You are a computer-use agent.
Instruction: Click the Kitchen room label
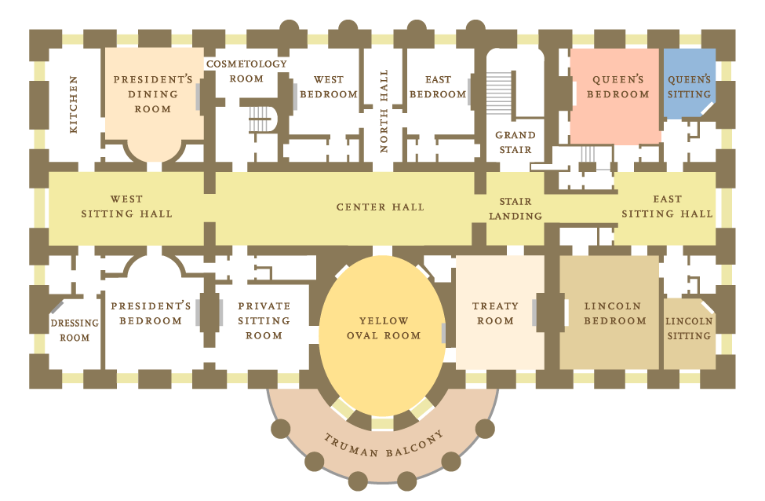[74, 104]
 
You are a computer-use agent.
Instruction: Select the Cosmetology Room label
[246, 71]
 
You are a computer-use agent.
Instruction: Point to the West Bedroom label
[328, 86]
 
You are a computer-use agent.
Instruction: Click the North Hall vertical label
[384, 118]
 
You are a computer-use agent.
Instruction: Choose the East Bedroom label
[438, 86]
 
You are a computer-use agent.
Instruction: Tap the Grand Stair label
[515, 142]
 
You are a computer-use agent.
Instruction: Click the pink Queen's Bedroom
[615, 94]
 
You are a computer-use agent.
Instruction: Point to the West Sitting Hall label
[127, 207]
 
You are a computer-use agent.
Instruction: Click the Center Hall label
[381, 207]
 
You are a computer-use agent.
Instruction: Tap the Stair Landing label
[515, 208]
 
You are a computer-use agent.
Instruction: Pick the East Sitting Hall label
[667, 207]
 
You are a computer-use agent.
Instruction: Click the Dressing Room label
[75, 330]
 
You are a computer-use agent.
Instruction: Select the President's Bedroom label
[151, 313]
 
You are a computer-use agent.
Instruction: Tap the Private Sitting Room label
[264, 320]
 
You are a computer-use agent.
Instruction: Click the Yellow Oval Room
[384, 328]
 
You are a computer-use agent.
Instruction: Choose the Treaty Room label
[495, 313]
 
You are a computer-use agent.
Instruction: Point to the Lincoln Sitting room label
[689, 328]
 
